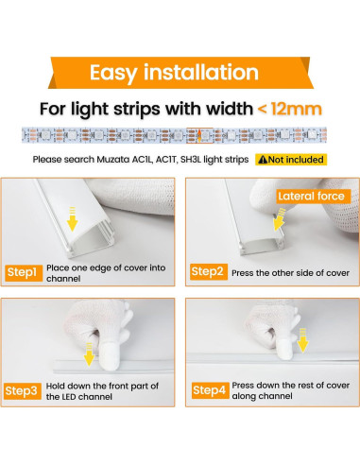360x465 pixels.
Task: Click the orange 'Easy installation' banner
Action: (180, 72)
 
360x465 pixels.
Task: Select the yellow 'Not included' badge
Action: (292, 160)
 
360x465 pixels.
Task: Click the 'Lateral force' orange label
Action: (314, 196)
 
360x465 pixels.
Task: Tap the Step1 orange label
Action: (23, 272)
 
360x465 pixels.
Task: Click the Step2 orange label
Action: (208, 272)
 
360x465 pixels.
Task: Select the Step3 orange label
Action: (23, 390)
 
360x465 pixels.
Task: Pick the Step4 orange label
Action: (208, 390)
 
